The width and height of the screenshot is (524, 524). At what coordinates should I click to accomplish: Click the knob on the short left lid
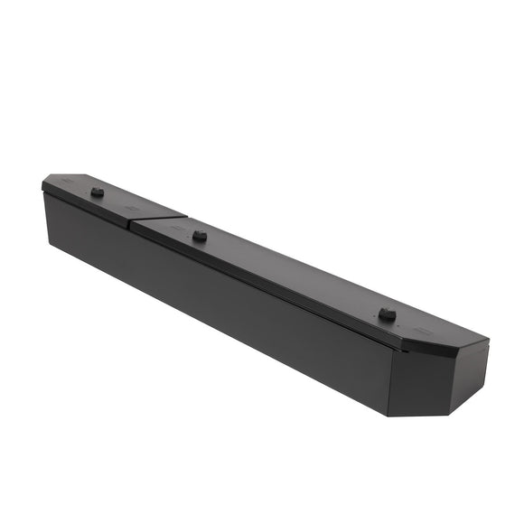pyautogui.click(x=97, y=192)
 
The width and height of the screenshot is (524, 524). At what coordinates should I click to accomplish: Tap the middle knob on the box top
pyautogui.click(x=200, y=236)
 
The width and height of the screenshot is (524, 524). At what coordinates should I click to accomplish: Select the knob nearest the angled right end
pyautogui.click(x=387, y=313)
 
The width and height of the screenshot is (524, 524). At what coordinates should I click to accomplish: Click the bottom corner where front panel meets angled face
pyautogui.click(x=389, y=416)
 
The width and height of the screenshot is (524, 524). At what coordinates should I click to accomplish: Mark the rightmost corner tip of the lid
pyautogui.click(x=489, y=342)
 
